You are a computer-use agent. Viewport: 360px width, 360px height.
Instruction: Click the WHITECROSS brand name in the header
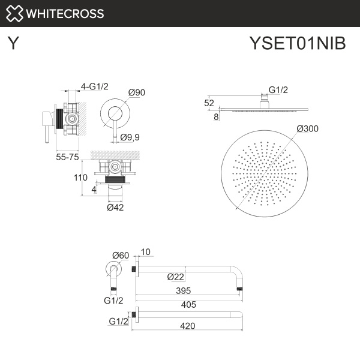coord(65,13)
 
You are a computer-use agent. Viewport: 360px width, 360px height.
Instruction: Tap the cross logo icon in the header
coord(15,13)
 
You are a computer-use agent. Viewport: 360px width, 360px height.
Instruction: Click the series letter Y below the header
coord(12,44)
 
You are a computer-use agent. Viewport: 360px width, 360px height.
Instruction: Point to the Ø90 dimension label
coord(137,92)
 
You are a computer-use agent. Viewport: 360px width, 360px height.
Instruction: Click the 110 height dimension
coord(81,178)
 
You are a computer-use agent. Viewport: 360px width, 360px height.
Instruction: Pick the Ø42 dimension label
coord(115,208)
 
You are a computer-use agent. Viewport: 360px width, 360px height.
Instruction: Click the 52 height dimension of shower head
coord(209,103)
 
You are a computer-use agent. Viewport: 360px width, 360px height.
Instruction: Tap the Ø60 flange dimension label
coord(121,255)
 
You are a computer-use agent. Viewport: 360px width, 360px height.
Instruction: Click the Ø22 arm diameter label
coord(175,277)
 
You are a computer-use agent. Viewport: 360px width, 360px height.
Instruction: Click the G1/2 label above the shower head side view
coord(278,90)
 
